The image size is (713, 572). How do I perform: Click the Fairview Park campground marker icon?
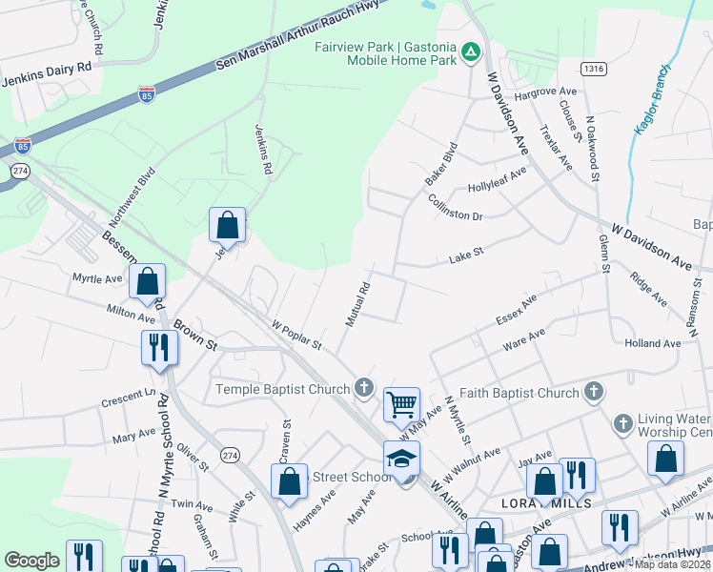[470, 51]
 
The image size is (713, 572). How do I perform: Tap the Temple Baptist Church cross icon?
[362, 388]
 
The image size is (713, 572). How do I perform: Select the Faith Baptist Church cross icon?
[593, 392]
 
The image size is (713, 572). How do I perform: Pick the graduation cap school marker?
[401, 458]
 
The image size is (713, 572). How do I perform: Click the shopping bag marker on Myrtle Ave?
[148, 282]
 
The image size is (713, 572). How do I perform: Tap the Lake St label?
[467, 255]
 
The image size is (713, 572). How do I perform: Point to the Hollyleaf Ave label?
[497, 179]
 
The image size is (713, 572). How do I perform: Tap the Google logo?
[31, 561]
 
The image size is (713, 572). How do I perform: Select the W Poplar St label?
[297, 334]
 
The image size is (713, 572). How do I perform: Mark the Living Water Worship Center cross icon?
[622, 422]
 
